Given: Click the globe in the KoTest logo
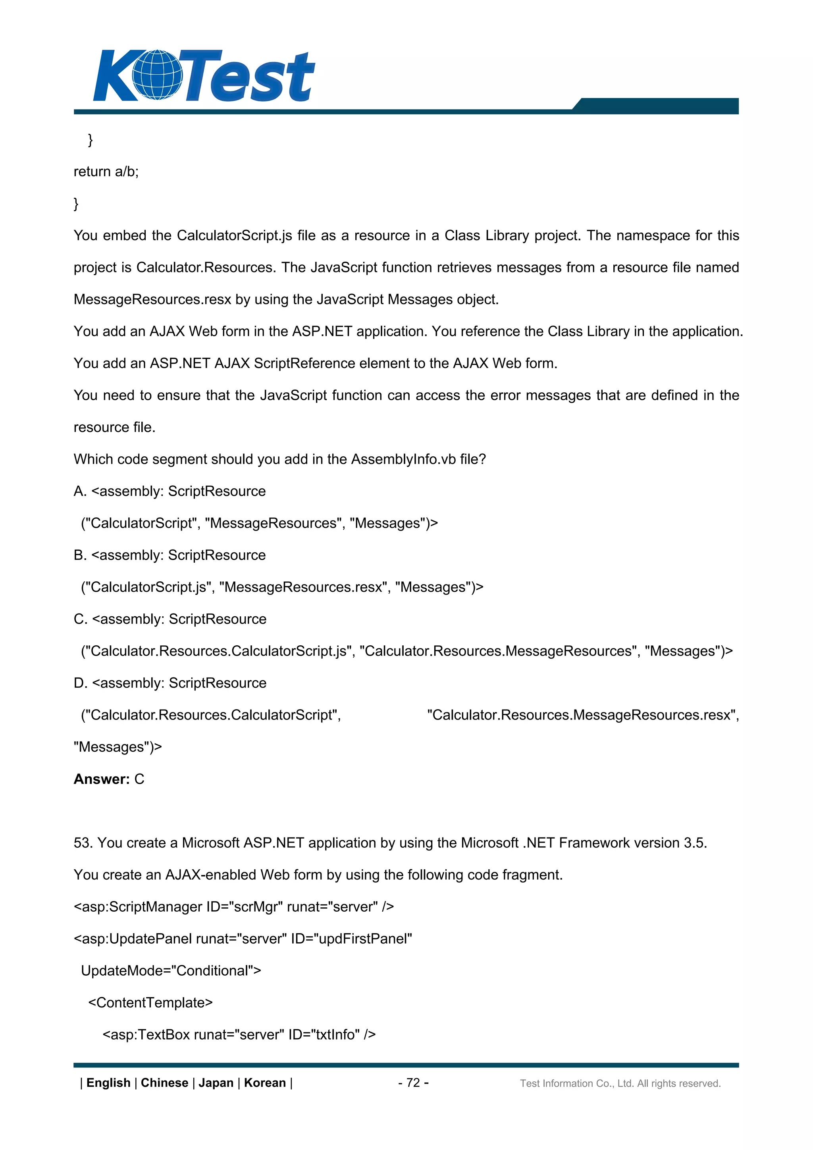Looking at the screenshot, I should [158, 75].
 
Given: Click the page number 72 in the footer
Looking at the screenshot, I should [413, 1082].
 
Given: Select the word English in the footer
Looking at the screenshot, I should [108, 1082].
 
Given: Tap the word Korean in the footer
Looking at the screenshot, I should [264, 1082].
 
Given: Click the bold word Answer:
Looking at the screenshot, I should [102, 779].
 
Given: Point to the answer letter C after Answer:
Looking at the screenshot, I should [139, 779].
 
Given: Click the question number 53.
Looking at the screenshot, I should [83, 843].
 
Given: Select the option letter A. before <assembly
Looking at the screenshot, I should [80, 491].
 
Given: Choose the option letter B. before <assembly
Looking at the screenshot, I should [80, 555].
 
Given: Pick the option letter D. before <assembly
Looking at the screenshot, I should [81, 683].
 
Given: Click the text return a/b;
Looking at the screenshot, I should [106, 172].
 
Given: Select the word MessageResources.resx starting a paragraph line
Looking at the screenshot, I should [152, 299].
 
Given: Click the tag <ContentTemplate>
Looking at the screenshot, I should [150, 1003].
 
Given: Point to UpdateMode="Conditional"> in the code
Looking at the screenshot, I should [171, 971].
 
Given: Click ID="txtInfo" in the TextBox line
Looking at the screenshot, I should [324, 1035].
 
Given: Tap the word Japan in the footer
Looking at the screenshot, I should [216, 1082].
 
